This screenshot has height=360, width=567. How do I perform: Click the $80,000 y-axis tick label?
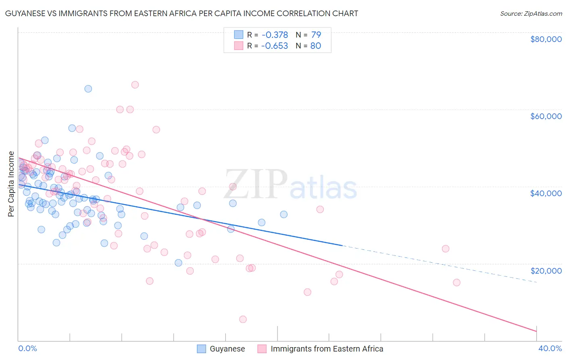(x=546, y=39)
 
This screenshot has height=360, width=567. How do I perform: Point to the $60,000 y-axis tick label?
(x=546, y=116)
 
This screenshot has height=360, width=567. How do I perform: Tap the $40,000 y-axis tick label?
(x=546, y=193)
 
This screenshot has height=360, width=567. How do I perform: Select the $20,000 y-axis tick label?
(x=546, y=270)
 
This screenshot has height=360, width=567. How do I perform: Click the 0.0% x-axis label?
(x=27, y=348)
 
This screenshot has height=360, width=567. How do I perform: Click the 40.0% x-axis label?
(x=550, y=348)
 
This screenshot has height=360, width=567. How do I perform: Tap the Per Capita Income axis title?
(x=11, y=184)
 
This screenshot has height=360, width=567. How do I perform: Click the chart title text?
(x=181, y=13)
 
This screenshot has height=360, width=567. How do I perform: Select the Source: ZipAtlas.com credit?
(x=531, y=13)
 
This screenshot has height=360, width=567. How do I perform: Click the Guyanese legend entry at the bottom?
(x=227, y=349)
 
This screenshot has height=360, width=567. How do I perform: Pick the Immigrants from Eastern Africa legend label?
(x=327, y=349)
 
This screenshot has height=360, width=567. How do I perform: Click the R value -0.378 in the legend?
(x=274, y=35)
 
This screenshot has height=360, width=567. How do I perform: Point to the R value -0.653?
(x=274, y=46)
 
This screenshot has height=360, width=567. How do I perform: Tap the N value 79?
(x=316, y=35)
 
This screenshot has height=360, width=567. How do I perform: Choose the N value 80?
(x=316, y=46)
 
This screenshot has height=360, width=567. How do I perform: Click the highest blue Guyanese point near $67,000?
(x=88, y=89)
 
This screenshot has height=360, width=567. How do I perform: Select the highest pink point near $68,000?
(x=135, y=85)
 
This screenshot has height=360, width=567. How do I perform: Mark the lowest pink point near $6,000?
(x=243, y=319)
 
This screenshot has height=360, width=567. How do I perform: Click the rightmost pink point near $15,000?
(x=457, y=283)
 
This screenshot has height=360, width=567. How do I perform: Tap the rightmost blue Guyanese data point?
(x=284, y=214)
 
